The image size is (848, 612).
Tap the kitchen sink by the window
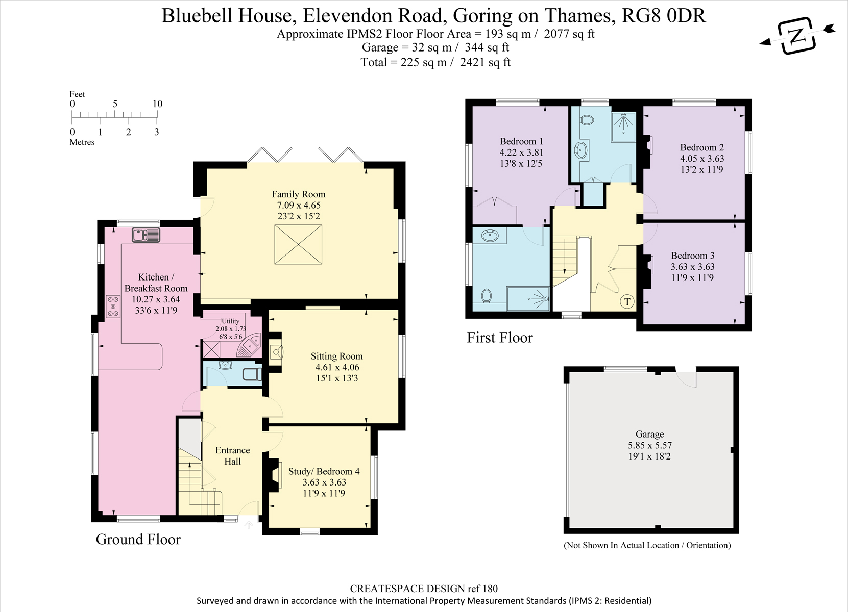146,235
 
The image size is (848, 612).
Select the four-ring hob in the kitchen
113,307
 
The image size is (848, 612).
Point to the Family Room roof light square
298,244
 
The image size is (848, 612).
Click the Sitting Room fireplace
276,352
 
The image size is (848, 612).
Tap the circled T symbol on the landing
627,301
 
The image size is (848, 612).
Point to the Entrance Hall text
232,455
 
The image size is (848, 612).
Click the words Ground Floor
138,539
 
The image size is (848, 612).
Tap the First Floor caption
500,337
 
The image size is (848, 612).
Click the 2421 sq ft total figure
485,62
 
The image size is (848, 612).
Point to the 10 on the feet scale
157,104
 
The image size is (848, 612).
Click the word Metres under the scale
82,142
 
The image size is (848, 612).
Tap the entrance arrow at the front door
248,525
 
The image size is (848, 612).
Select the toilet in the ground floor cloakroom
252,374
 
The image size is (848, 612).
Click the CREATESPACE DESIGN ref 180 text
424,589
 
